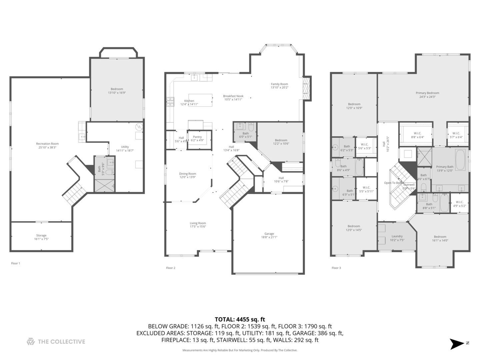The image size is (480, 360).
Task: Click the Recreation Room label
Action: pyautogui.click(x=47, y=144)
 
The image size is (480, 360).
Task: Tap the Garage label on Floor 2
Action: pyautogui.click(x=269, y=234)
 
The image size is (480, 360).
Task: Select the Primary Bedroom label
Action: pyautogui.click(x=427, y=93)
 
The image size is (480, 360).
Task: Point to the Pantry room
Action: pyautogui.click(x=197, y=138)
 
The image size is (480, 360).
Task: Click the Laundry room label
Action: pyautogui.click(x=397, y=236)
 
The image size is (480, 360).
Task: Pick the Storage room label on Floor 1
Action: pyautogui.click(x=41, y=235)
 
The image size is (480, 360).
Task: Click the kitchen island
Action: pyautogui.click(x=200, y=100)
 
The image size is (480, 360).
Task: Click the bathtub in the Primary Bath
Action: pyautogui.click(x=460, y=160)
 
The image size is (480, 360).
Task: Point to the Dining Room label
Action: pyautogui.click(x=188, y=174)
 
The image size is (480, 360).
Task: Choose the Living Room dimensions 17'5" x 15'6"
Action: pyautogui.click(x=198, y=227)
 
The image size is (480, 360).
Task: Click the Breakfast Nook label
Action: pyautogui.click(x=233, y=96)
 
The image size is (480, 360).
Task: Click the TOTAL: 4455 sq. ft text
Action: pyautogui.click(x=240, y=319)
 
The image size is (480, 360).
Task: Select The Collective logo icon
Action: pyautogui.click(x=31, y=341)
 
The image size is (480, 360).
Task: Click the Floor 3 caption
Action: pyautogui.click(x=336, y=268)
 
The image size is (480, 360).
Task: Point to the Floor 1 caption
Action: pyautogui.click(x=16, y=263)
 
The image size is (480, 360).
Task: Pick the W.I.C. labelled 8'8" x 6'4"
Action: pyautogui.click(x=418, y=135)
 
